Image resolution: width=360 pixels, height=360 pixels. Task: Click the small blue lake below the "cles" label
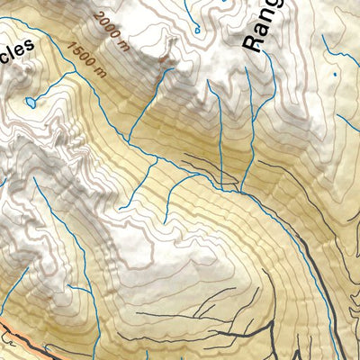[x=32, y=103]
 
